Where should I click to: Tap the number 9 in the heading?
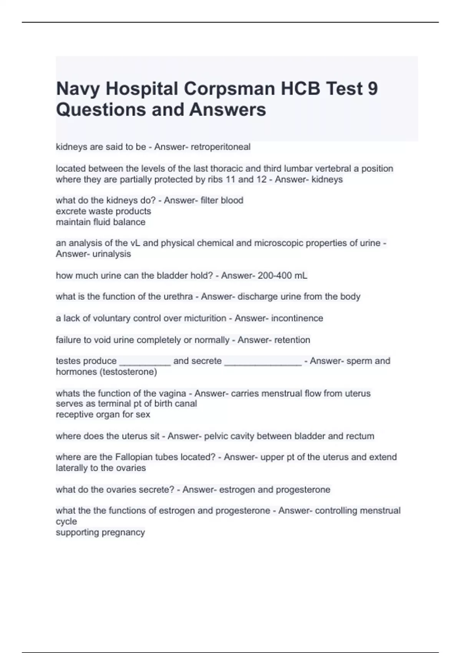tap(373, 89)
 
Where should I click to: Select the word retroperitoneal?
tap(221, 147)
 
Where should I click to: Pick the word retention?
tap(292, 340)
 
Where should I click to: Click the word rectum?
tap(360, 436)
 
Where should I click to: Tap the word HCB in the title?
tap(300, 89)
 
